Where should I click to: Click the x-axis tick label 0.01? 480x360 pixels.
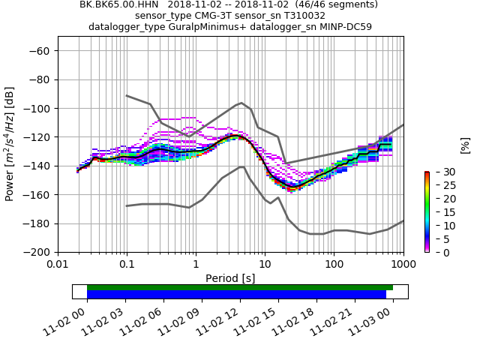click(x=58, y=265)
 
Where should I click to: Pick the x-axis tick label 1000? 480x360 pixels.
click(x=403, y=265)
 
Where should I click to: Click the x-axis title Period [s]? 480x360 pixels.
click(x=230, y=277)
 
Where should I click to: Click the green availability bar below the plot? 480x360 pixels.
click(x=239, y=287)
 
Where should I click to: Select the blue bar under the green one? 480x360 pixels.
click(x=236, y=295)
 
